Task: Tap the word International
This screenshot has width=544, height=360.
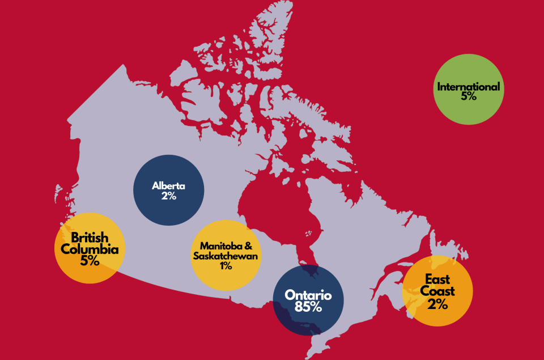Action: tap(468, 87)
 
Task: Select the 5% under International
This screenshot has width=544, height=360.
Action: tap(469, 97)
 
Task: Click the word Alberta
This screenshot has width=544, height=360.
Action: tap(169, 185)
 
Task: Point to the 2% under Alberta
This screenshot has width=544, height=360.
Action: tap(169, 196)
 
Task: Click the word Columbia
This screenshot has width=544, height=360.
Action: tap(90, 249)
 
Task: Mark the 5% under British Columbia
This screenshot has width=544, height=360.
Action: tap(90, 261)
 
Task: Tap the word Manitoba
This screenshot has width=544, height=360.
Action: tap(222, 246)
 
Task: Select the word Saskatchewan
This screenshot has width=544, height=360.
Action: tap(226, 256)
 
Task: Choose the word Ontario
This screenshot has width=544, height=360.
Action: tap(308, 295)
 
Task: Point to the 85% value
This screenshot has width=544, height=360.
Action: tap(308, 308)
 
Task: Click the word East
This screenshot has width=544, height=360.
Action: tap(437, 279)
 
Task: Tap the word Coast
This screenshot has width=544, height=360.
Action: tap(437, 291)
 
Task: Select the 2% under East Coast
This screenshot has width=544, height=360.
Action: tap(437, 304)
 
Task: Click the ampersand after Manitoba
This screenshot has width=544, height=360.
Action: tap(256, 246)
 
